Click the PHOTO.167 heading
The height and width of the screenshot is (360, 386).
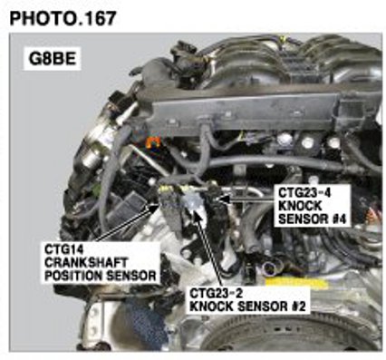pos(63,18)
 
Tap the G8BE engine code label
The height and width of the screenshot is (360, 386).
pos(53,59)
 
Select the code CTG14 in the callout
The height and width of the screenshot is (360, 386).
pos(63,249)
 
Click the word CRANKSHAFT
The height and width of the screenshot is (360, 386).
pos(86,262)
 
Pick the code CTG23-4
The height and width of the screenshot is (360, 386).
pos(304,193)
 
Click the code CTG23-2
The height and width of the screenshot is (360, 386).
pos(216,293)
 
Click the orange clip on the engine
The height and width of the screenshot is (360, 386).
pos(152,141)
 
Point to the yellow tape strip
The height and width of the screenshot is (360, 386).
pos(295,284)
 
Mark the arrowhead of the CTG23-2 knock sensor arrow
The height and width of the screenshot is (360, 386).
pos(197,213)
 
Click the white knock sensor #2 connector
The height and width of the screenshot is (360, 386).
pos(191,202)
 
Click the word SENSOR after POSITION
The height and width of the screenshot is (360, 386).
pos(130,276)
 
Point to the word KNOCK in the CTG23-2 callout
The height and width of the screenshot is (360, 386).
pos(212,306)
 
